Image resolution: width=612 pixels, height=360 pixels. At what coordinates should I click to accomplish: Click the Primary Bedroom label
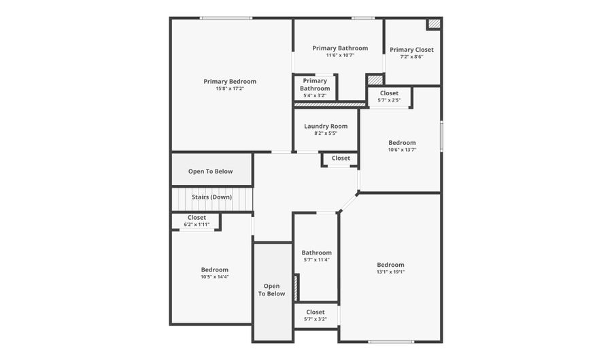click(230, 81)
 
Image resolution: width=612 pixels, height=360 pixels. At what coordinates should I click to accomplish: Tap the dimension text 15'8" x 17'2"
click(230, 88)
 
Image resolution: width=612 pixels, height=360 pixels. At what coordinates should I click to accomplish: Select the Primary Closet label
click(411, 50)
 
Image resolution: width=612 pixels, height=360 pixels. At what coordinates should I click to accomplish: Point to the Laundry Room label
click(326, 126)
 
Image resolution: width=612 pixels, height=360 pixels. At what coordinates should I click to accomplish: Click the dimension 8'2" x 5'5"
click(326, 133)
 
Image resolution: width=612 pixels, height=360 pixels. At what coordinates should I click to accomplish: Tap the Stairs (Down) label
click(211, 197)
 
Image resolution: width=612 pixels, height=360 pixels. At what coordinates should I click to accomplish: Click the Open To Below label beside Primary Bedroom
click(210, 171)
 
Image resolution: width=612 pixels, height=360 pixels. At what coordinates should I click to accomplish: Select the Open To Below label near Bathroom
click(271, 290)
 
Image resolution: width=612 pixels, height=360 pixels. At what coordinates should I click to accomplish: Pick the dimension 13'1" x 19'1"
click(390, 272)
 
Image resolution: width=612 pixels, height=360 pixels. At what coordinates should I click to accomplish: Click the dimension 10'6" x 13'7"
click(402, 150)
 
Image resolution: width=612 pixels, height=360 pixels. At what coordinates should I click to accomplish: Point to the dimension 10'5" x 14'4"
click(215, 277)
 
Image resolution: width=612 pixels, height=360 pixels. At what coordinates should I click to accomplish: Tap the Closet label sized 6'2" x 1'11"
click(197, 217)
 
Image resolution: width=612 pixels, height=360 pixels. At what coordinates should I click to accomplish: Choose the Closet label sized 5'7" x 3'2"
click(316, 312)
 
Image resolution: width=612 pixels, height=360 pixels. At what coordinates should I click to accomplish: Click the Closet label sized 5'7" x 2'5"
click(389, 93)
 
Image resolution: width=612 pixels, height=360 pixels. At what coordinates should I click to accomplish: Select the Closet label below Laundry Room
click(341, 158)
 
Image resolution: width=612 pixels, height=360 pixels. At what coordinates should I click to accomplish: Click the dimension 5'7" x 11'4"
click(316, 260)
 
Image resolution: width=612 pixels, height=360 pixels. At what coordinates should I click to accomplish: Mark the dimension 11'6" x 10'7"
click(340, 56)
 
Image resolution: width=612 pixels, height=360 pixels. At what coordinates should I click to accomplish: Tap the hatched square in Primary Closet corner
click(434, 24)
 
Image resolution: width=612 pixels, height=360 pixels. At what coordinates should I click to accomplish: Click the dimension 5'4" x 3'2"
click(315, 96)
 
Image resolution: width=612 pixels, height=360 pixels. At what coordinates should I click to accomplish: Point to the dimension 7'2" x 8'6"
click(411, 57)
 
